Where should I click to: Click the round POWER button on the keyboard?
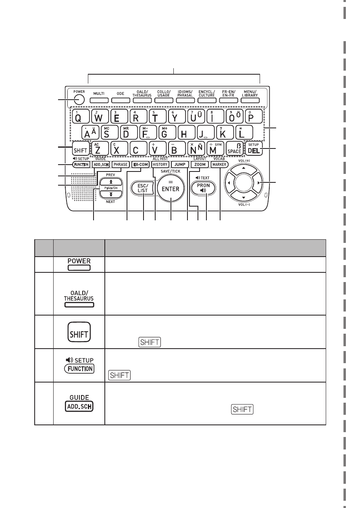pyautogui.click(x=79, y=100)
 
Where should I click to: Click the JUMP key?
pyautogui.click(x=180, y=165)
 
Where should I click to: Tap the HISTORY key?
pyautogui.click(x=160, y=165)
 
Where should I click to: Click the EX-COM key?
pyautogui.click(x=141, y=165)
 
